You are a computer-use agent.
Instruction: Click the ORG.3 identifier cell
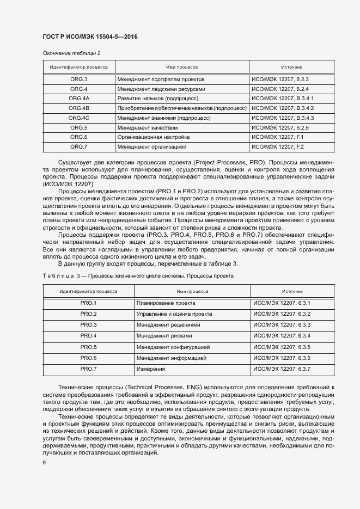[79, 79]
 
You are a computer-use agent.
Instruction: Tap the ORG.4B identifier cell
[79, 108]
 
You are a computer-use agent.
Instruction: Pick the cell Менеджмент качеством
[147, 127]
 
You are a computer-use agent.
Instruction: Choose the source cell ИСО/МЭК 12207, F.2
[277, 147]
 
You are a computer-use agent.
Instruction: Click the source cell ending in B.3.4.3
[283, 118]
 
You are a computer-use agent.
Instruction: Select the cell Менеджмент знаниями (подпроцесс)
[164, 118]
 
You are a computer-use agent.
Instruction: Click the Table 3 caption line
[138, 276]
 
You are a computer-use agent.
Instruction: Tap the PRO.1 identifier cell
[88, 303]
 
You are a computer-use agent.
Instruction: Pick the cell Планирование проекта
[166, 303]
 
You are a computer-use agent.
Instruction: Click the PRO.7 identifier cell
[88, 369]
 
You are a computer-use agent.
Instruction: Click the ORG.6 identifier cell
[79, 137]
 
